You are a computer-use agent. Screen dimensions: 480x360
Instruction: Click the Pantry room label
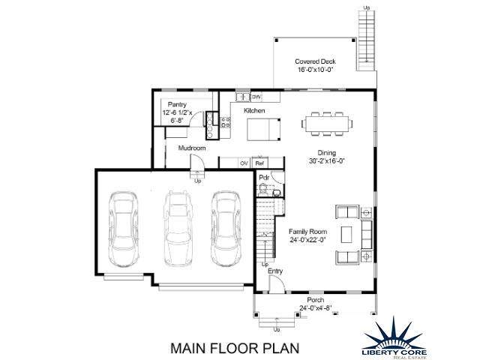[177, 104]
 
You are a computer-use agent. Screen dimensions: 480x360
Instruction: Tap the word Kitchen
[254, 110]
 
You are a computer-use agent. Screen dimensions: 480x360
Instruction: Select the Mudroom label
[192, 148]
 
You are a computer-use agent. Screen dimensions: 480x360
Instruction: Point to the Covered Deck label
[315, 61]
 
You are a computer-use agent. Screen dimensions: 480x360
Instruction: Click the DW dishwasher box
[256, 97]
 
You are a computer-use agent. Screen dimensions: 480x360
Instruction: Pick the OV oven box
[244, 163]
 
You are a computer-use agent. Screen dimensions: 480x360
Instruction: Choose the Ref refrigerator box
[259, 163]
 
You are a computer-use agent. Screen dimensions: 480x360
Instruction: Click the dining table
[327, 123]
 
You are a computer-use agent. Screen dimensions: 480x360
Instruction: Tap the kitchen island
[263, 129]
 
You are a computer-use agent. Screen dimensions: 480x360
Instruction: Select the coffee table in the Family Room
[346, 234]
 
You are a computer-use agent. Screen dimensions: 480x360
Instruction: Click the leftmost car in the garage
[123, 229]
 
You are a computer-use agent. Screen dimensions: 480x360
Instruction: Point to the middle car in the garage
[178, 227]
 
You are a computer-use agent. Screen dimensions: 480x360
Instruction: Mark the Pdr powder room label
[264, 178]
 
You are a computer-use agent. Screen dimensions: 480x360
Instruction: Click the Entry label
[275, 271]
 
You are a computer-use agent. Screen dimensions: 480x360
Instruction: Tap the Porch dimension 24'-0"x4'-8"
[316, 308]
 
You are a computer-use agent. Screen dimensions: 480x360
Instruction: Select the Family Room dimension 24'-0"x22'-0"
[307, 240]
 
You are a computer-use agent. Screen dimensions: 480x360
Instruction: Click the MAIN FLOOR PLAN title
[235, 348]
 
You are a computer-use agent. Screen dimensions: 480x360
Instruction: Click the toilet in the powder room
[277, 192]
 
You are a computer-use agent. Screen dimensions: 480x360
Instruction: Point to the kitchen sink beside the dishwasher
[243, 97]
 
